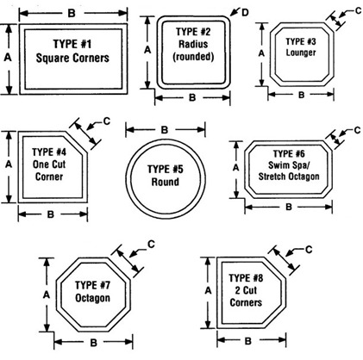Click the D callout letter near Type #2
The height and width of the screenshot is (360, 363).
[245, 13]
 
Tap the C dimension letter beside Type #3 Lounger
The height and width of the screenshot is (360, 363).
[358, 11]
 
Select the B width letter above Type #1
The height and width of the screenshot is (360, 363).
[72, 13]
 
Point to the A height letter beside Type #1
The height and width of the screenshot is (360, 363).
[8, 58]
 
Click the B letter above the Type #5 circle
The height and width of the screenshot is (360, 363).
[165, 130]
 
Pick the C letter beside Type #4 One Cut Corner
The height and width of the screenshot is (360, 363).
[107, 121]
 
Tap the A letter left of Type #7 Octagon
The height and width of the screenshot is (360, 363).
[47, 295]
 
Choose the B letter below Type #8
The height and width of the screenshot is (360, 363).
[247, 341]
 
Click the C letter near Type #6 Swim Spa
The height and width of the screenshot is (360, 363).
[357, 130]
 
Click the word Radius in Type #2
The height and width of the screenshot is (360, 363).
[193, 44]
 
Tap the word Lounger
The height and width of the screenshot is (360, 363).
[301, 53]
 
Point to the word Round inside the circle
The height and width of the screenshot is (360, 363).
[166, 182]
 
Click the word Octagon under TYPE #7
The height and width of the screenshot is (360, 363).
[92, 298]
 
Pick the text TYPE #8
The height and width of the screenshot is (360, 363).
[246, 278]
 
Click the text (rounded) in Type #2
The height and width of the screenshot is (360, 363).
[193, 57]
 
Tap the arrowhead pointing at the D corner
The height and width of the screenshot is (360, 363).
[234, 13]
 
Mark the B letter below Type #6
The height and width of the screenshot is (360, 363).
[289, 207]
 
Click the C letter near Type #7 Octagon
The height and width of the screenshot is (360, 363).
[151, 245]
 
